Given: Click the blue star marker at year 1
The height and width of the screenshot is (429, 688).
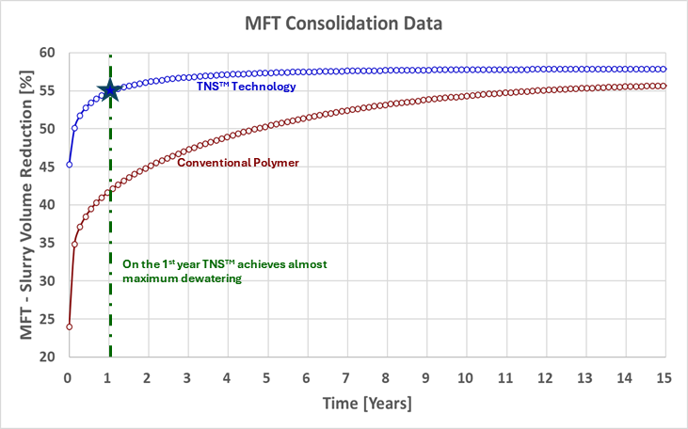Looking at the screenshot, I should coord(109,89).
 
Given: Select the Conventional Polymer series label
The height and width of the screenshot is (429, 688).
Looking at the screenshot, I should coord(238,163).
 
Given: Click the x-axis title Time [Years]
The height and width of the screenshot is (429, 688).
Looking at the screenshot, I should coord(366,403).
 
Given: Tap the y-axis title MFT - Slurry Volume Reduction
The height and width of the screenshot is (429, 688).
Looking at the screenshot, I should coord(19,204).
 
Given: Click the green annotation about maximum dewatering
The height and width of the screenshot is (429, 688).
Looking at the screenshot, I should coord(225,272).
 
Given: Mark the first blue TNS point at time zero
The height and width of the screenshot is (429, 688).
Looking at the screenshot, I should coord(69,165).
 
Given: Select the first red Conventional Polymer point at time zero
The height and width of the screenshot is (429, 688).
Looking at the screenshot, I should coord(69,326).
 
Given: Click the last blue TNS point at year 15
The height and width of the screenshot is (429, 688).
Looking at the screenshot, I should coord(664,69).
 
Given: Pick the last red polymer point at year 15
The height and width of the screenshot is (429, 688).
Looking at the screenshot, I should coord(664,86).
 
